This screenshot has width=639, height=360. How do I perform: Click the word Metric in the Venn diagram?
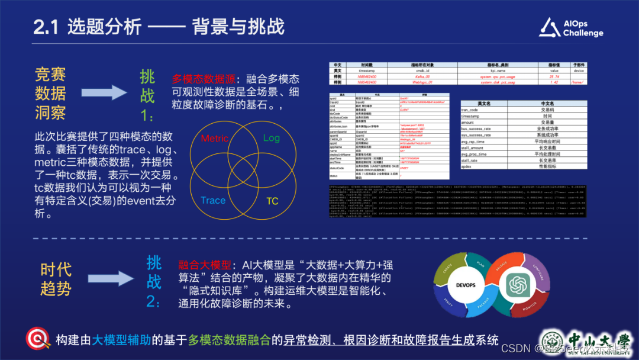click(215, 139)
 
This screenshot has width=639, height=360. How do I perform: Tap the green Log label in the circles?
click(271, 138)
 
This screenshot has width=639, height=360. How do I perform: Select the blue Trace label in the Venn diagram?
click(213, 200)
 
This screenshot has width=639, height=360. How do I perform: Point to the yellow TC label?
click(272, 201)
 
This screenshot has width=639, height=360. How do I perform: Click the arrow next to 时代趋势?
click(111, 279)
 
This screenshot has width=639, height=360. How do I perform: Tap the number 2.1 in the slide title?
click(46, 27)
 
